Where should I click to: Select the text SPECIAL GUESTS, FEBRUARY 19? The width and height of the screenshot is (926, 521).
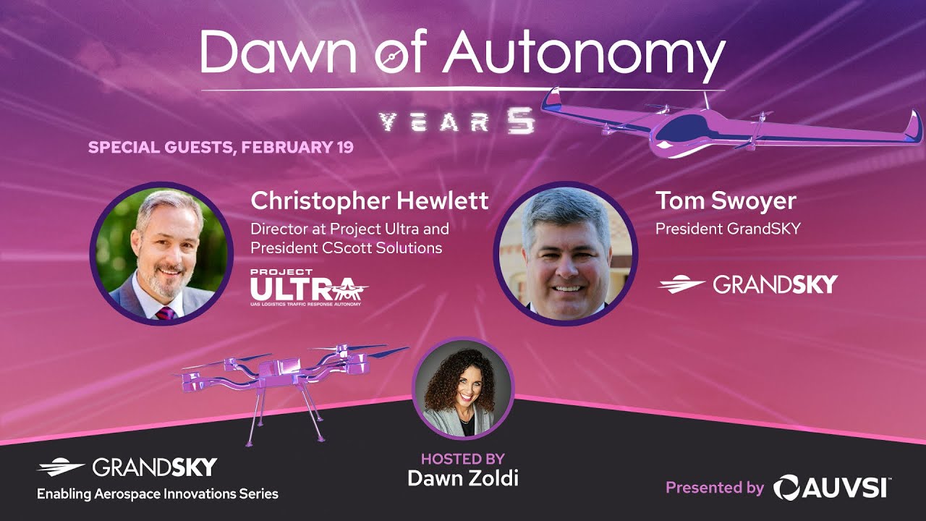tap(221, 148)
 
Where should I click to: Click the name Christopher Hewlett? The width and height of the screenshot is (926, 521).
tap(369, 200)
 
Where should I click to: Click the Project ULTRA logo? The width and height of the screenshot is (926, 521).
tap(308, 287)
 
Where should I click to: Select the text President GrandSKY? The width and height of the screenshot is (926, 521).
tap(728, 229)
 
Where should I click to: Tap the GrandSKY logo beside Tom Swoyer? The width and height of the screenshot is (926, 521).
tap(747, 284)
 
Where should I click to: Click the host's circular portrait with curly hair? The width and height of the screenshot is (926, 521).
tap(463, 389)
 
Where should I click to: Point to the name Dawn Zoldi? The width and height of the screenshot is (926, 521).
tap(463, 478)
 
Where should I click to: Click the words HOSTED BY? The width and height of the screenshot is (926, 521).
tap(463, 459)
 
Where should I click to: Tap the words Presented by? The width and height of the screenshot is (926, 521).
tap(715, 488)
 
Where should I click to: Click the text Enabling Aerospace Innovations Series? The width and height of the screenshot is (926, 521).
tap(158, 494)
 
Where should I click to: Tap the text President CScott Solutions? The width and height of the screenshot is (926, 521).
tap(347, 247)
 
